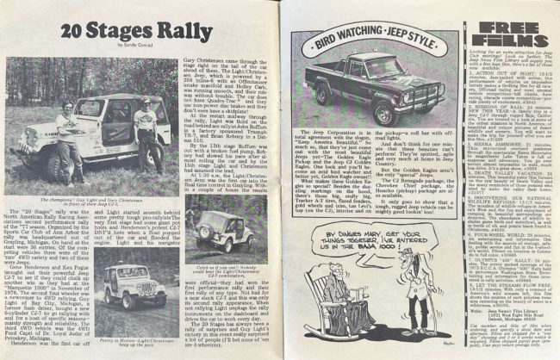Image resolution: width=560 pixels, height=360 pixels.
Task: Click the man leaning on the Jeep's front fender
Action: click(x=65, y=143)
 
